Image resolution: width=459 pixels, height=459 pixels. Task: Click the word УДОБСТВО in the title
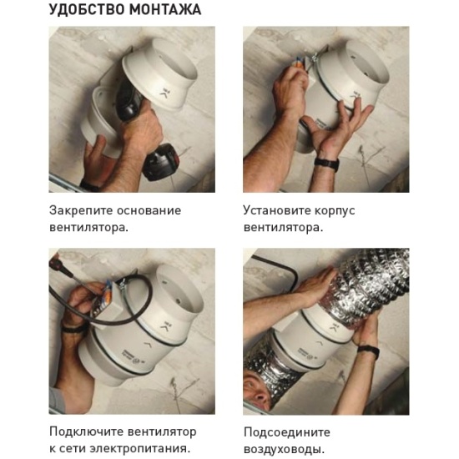pyautogui.click(x=87, y=10)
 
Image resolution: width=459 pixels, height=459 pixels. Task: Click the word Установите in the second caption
pyautogui.click(x=276, y=211)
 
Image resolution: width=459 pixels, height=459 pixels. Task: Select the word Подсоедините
pyautogui.click(x=287, y=432)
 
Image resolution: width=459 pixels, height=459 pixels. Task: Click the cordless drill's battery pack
pyautogui.click(x=161, y=163)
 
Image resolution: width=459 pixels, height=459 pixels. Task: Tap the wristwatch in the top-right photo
pyautogui.click(x=327, y=164)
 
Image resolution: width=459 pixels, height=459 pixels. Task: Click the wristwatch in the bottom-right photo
pyautogui.click(x=369, y=351)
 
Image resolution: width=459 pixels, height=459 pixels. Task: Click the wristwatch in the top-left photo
pyautogui.click(x=89, y=185)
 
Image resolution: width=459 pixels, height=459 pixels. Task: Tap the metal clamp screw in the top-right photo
pyautogui.click(x=314, y=57)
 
